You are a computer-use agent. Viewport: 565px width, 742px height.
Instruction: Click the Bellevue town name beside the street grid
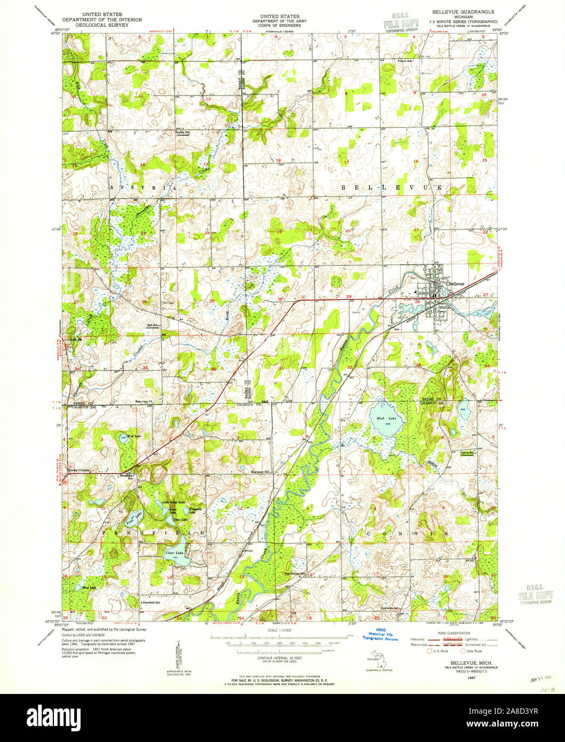tap(457, 283)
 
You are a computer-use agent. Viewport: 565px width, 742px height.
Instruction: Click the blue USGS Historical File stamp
tap(380, 634)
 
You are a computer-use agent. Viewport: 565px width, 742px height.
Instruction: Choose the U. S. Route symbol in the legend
tap(430, 651)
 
